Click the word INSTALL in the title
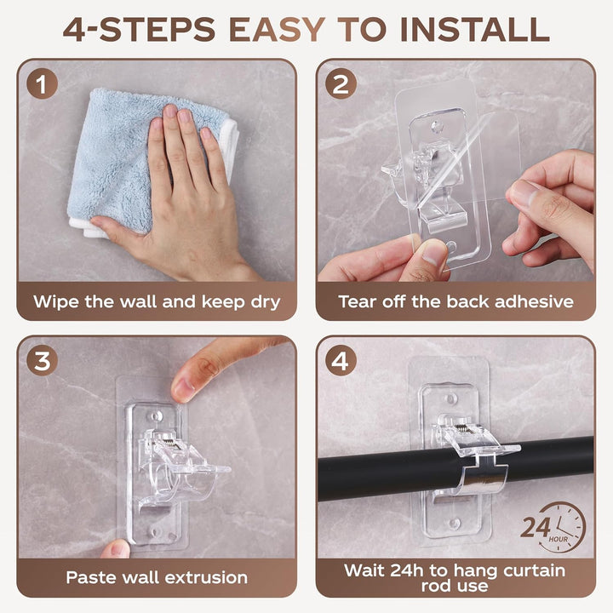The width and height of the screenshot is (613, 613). coord(475,29)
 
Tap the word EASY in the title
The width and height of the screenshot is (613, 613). coord(278,29)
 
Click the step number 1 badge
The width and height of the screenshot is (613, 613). coord(43,83)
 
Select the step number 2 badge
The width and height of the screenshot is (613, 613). coord(341,83)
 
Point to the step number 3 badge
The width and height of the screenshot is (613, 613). coord(43,360)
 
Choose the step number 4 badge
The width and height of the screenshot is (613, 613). coord(341,360)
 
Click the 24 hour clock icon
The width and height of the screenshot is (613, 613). coord(553,527)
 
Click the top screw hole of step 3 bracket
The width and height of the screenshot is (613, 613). coord(158,415)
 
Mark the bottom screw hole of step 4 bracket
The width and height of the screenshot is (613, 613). coord(454,522)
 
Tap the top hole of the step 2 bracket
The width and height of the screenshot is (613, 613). coord(437,126)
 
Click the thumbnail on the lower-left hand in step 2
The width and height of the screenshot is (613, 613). coord(433,252)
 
